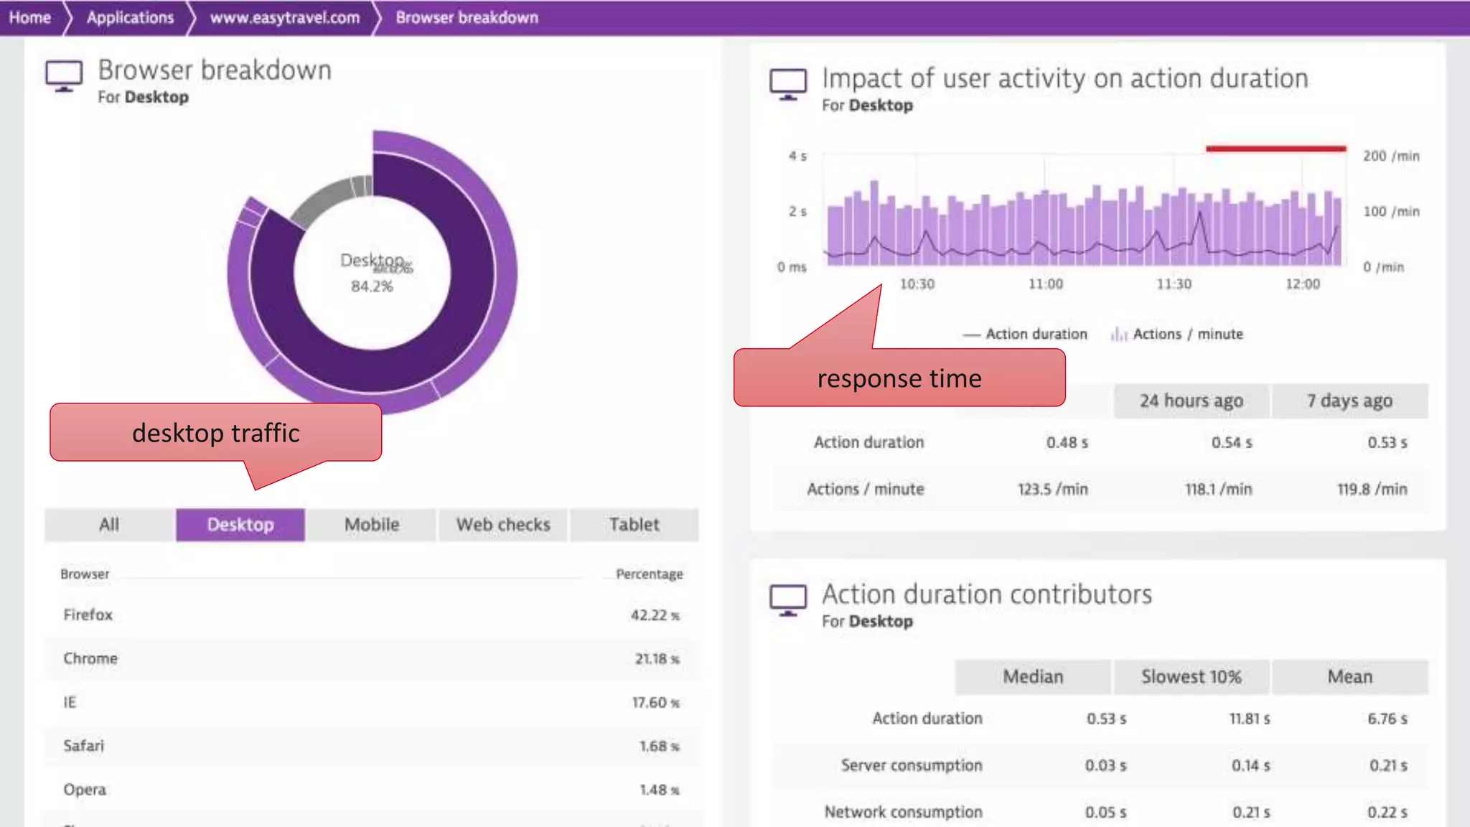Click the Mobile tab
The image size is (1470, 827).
pos(372,525)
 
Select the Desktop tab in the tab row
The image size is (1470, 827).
pos(240,525)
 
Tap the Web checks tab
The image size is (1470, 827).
pos(503,525)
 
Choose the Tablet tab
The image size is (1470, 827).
pos(634,525)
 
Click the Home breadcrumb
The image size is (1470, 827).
pos(30,17)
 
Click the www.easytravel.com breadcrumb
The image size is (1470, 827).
pos(284,17)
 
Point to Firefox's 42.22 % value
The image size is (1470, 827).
pos(654,615)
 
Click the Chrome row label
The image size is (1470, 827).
pos(90,658)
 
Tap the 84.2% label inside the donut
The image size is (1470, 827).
pos(372,286)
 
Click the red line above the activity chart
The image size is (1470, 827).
pos(1275,149)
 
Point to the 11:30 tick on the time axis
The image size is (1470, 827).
pos(1174,284)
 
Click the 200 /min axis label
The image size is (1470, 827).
pos(1391,156)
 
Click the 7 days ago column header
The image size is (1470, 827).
pos(1349,401)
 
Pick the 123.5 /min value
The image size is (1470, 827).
pos(1052,489)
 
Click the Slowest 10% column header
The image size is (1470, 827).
pos(1191,677)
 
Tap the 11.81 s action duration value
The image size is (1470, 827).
pos(1249,719)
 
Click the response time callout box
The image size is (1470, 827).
pos(899,378)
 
